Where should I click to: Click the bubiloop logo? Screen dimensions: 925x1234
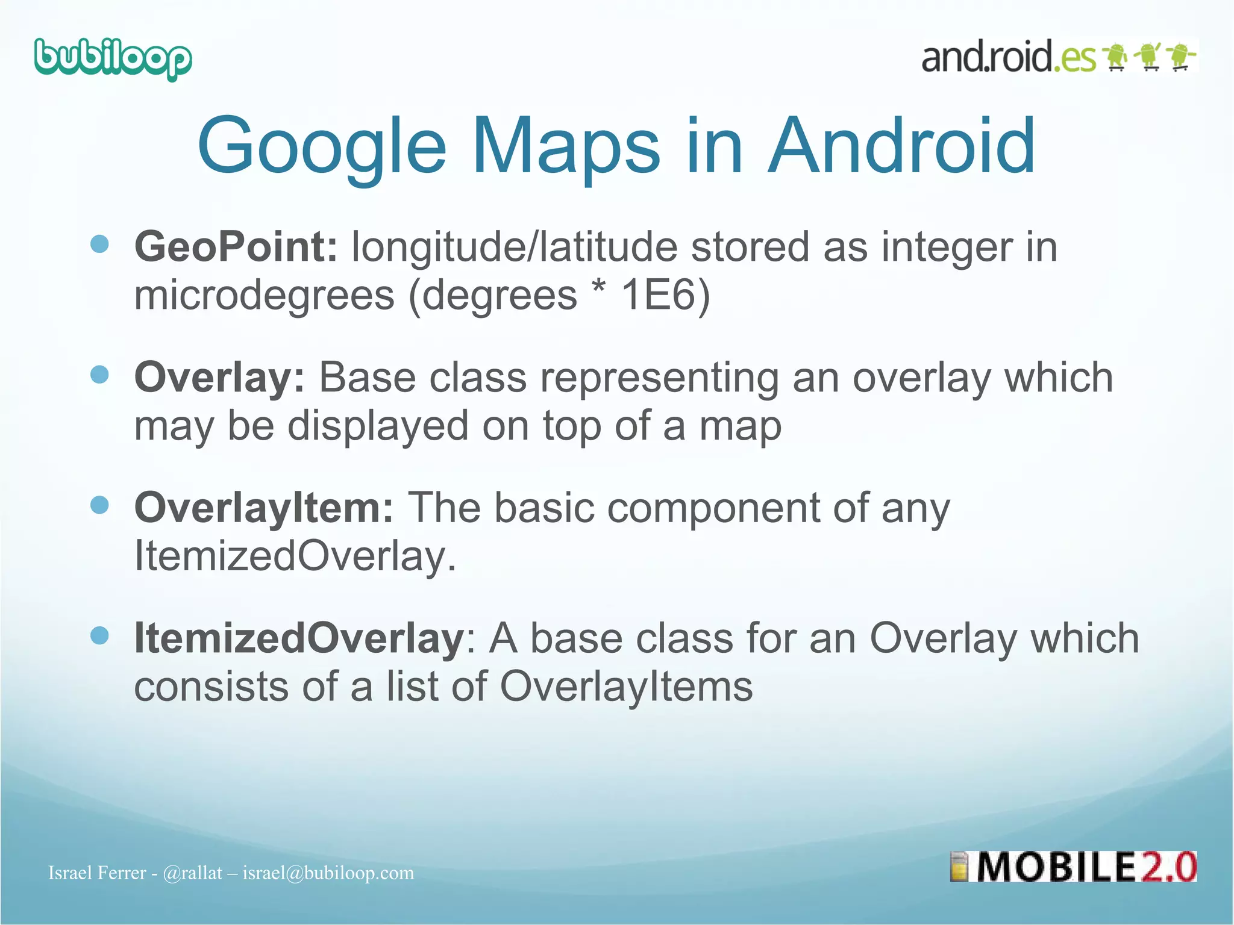pos(113,59)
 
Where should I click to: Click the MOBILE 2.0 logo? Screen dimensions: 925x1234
pos(1074,867)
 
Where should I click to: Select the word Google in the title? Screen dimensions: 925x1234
pos(322,146)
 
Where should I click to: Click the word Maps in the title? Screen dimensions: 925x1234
pos(566,146)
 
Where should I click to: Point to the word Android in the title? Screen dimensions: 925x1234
pos(901,146)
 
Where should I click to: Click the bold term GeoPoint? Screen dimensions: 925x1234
pos(236,247)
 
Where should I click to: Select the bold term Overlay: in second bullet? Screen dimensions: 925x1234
pos(219,378)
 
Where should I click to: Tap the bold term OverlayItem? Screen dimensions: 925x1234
pos(264,508)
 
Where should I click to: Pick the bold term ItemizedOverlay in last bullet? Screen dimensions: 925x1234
pos(298,638)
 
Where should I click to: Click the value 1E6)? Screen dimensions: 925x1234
pos(665,295)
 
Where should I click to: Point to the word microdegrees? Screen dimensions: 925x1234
pos(264,296)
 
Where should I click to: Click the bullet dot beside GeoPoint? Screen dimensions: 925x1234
pos(99,244)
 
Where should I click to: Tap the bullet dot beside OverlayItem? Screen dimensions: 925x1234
pos(99,505)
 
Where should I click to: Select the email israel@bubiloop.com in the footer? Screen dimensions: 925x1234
pos(328,873)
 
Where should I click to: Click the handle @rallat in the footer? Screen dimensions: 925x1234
pos(192,873)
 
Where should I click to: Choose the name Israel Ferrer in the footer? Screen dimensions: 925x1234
pos(97,873)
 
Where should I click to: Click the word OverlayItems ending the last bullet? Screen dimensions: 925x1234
pos(626,687)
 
